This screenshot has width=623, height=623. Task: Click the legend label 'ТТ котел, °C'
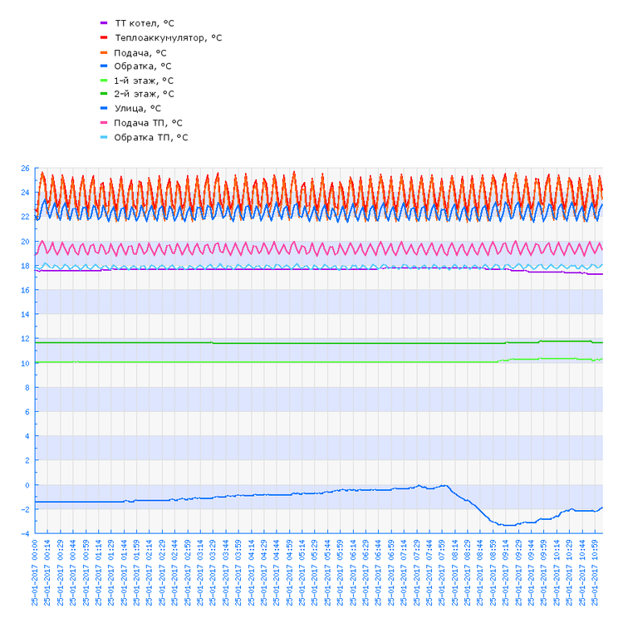(144, 23)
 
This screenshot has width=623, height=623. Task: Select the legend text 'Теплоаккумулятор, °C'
(168, 37)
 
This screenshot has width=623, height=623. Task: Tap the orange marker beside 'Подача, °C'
(104, 52)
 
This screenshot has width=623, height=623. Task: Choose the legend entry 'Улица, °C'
(137, 108)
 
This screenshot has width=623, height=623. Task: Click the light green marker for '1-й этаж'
(104, 81)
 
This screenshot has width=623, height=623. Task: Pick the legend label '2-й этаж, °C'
(144, 94)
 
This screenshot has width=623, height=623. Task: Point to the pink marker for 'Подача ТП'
(104, 122)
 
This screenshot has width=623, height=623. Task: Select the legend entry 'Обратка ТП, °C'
(150, 137)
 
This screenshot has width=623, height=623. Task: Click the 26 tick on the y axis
(25, 169)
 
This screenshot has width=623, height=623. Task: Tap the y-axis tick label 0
(27, 485)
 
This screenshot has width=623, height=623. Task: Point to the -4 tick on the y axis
(25, 533)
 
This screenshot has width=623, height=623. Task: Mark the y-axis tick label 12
(25, 339)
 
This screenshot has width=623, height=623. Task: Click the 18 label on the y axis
(25, 266)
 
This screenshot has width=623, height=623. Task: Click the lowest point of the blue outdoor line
(507, 525)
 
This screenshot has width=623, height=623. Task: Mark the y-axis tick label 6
(27, 412)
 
